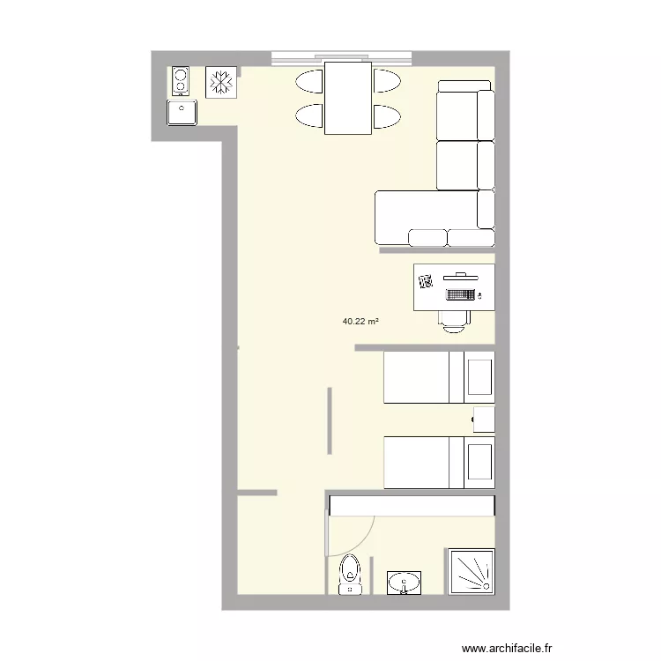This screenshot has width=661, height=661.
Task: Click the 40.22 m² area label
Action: pos(360,322)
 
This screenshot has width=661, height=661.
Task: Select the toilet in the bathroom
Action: pos(351,575)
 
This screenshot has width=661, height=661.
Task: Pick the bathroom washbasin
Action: pos(405,583)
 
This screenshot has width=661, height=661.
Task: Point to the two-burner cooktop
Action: pos(182,80)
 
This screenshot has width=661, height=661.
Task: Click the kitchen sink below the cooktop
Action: pos(183,113)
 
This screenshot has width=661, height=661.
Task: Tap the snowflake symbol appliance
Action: pos(220,82)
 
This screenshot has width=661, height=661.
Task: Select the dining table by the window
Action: pos(347,97)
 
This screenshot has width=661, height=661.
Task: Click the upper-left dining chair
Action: pos(310,82)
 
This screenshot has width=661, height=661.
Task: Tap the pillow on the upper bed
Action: pos(480,376)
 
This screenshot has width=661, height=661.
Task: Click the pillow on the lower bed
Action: pos(480,462)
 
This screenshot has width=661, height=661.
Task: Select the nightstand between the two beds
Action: pos(484,420)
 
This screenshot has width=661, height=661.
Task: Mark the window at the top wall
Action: pos(342,58)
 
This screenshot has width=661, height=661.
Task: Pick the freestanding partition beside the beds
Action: pos(330,420)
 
